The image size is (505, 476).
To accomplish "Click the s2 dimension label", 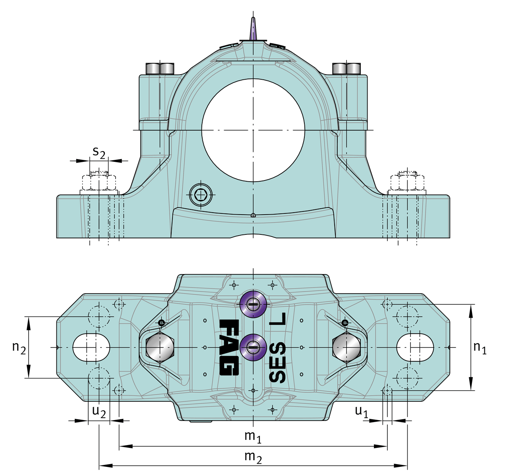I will (99, 152).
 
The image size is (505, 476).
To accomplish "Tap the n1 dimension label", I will (480, 347).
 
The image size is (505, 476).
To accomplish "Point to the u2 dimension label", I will (99, 411).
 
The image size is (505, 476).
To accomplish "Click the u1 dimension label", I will (362, 411).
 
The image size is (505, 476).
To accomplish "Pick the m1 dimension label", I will (253, 436).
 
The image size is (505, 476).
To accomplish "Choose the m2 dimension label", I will (253, 457).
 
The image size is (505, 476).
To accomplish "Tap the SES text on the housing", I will (277, 362).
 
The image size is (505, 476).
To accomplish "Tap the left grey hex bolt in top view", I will (159, 347).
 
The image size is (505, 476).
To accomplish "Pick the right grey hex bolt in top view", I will (346, 347).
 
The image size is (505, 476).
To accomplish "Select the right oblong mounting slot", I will (415, 347).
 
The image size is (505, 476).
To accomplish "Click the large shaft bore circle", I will (253, 130).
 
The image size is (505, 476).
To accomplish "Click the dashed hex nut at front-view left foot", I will (99, 182).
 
